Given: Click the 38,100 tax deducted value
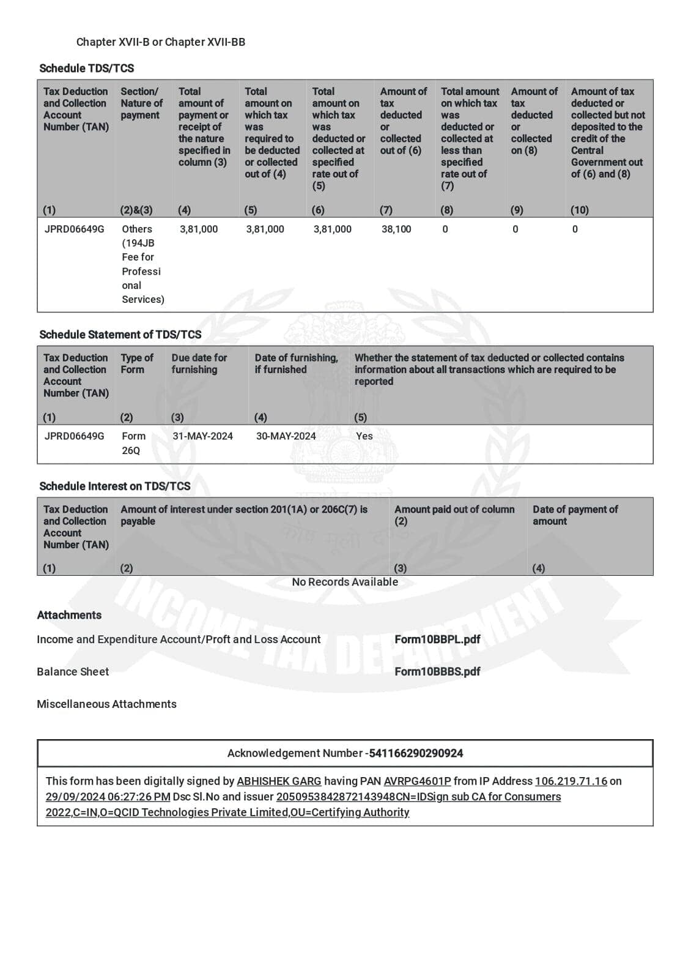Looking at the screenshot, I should [396, 229].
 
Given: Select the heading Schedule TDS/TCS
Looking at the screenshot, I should [86, 68].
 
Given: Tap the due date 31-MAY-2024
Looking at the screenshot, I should [202, 436].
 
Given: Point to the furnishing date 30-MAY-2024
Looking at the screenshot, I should [286, 436].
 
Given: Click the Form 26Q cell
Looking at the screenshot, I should [133, 443].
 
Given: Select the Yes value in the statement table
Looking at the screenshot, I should [364, 436].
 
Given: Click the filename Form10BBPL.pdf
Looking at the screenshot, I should [437, 639].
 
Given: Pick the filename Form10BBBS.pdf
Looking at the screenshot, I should [437, 672].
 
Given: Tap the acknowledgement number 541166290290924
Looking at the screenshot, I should [416, 753].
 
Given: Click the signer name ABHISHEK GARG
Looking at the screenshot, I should [279, 781].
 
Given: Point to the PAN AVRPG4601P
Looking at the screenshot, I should [417, 781].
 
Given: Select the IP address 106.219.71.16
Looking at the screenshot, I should [571, 781].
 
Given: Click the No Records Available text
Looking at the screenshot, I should [344, 582].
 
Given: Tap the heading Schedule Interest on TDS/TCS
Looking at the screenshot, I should [114, 486].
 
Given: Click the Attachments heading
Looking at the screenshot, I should [69, 616].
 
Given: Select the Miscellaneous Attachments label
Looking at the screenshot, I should [106, 704].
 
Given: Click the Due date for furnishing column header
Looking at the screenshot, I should [199, 363].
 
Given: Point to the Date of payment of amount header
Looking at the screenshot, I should [575, 515].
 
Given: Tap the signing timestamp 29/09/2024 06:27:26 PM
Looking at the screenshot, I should [108, 797].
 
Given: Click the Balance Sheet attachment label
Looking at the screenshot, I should [73, 672].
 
